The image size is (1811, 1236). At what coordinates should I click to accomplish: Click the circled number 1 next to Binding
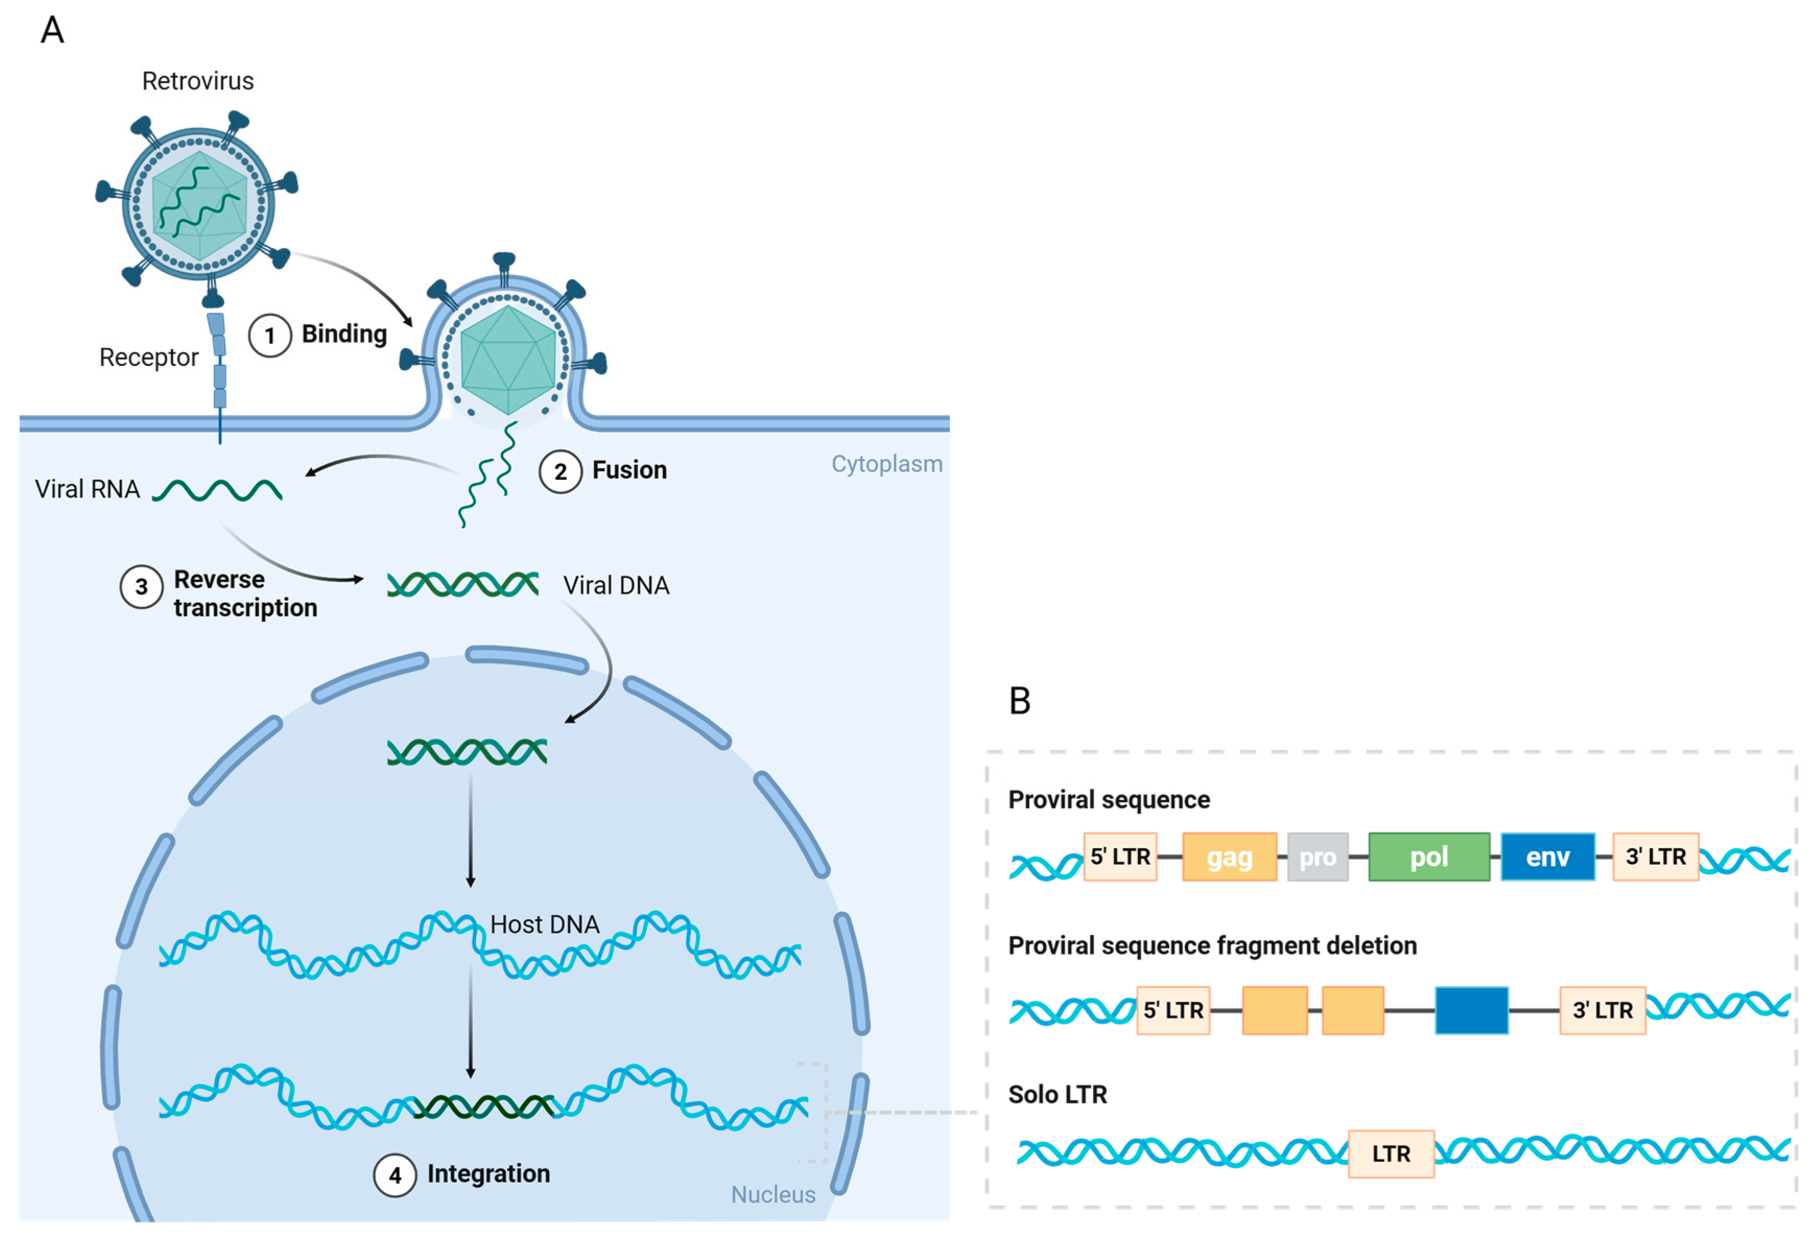point(270,336)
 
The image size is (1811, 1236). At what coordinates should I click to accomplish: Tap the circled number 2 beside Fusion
point(561,471)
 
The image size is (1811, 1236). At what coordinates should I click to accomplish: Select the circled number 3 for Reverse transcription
point(141,587)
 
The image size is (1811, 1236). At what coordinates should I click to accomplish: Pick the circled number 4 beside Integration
point(395,1175)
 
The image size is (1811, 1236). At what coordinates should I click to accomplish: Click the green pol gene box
point(1428,857)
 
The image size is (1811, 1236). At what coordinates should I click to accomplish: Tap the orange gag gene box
point(1229,857)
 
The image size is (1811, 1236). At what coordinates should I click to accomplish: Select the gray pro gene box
point(1317,857)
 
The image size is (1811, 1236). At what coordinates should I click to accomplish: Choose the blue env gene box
point(1547,857)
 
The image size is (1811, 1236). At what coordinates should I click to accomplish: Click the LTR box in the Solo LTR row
point(1390,1154)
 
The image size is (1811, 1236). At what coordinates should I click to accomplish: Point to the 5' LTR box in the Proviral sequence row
point(1120,857)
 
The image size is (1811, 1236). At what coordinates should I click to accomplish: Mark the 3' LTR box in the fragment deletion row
point(1602,1010)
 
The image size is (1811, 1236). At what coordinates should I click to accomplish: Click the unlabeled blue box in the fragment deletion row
point(1471,1010)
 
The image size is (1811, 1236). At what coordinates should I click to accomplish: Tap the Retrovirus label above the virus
point(198,81)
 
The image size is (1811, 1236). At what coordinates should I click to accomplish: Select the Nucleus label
point(772,1194)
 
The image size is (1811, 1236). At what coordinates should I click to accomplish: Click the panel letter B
point(1019,700)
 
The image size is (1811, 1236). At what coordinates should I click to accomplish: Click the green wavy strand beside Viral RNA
point(218,491)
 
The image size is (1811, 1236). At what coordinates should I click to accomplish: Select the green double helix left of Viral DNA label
point(463,585)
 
